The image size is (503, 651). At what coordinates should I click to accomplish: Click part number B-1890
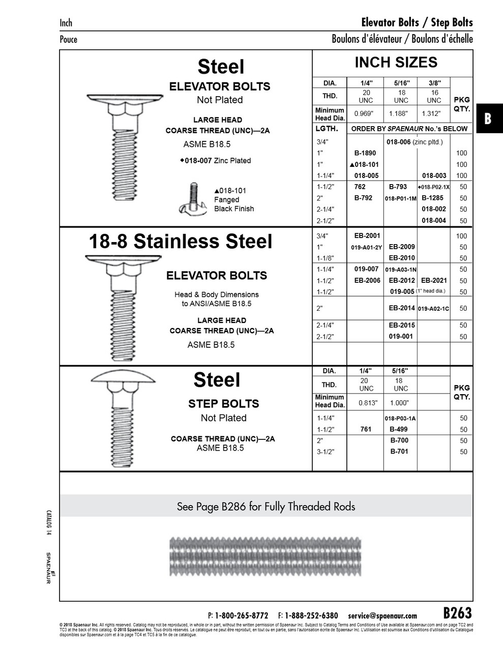coord(365,153)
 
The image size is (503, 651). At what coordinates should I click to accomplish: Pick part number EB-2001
coord(367,236)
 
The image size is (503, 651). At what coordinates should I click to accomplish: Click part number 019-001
coord(401,337)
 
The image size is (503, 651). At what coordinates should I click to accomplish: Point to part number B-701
coord(399,452)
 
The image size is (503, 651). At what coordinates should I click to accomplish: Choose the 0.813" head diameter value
coord(366,402)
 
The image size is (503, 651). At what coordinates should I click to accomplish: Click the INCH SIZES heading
coord(396,63)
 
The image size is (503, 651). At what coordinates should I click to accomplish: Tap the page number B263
coord(458,612)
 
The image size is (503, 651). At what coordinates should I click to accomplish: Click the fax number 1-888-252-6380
coord(311,615)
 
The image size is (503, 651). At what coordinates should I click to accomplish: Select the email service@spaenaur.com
coord(382,615)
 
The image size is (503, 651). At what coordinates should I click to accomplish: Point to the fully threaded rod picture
coord(265,556)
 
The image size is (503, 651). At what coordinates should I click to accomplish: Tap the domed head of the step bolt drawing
coord(120,377)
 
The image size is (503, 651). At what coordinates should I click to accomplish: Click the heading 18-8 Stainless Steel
coord(181,242)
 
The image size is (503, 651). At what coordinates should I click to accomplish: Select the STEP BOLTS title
coord(223,404)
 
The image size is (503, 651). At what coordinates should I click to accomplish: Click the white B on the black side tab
coord(488,119)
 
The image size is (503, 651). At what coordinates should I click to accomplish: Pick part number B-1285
coord(432,198)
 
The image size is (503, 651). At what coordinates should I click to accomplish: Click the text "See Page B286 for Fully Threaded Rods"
coord(266,507)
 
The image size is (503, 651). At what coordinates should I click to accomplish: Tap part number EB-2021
coord(434,281)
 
